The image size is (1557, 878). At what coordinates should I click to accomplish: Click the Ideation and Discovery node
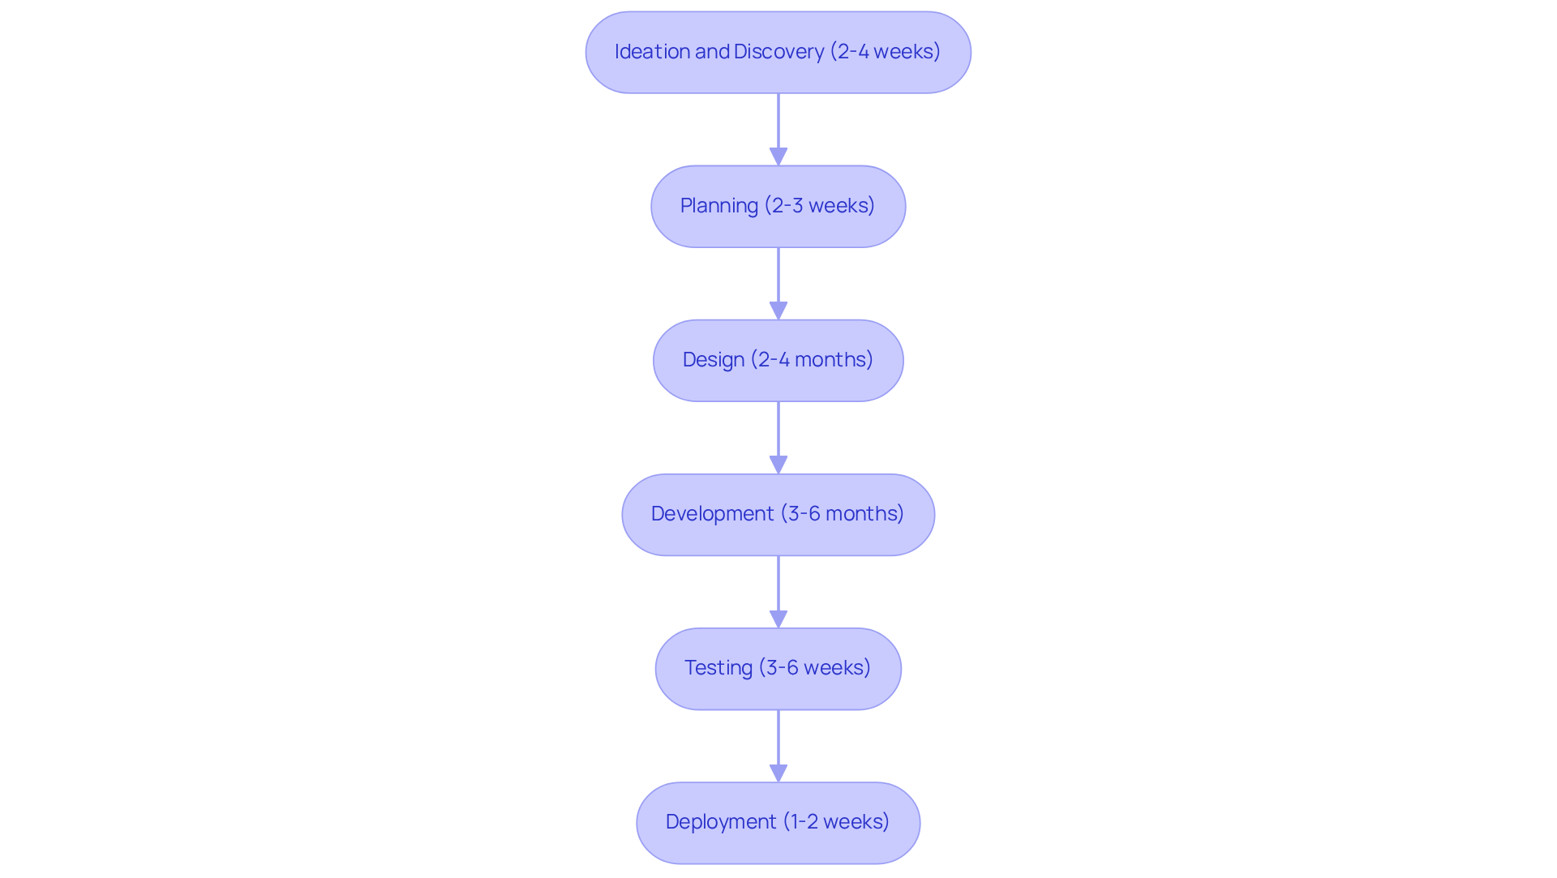[x=778, y=52]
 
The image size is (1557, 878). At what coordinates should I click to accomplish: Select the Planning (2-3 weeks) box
[x=778, y=206]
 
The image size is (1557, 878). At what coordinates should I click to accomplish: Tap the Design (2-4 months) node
[x=778, y=360]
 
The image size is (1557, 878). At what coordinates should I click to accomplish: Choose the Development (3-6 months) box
[x=778, y=514]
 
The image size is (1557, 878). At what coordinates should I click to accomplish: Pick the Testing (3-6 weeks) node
[x=778, y=668]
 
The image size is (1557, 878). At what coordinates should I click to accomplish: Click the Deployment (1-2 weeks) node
[x=778, y=822]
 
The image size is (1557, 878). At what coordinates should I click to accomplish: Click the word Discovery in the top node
[x=778, y=52]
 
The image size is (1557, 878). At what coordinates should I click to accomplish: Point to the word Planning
[x=718, y=206]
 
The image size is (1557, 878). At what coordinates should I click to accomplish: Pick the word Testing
[x=718, y=668]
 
